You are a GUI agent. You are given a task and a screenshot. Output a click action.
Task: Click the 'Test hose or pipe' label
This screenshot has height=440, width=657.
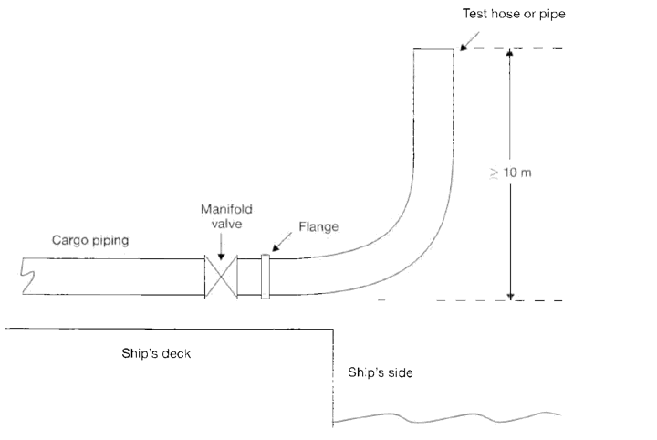[x=514, y=14]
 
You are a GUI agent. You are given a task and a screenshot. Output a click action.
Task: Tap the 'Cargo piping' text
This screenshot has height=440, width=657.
[x=90, y=240]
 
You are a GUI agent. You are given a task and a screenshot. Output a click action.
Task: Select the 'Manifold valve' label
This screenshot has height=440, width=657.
[x=226, y=216]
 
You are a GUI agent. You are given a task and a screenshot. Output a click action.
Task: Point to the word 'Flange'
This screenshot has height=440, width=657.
[x=318, y=226]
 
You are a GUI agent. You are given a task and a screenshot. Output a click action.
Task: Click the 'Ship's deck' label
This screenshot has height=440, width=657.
[x=156, y=353]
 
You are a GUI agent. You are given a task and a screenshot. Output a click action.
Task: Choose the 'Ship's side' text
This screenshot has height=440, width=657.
[x=380, y=372]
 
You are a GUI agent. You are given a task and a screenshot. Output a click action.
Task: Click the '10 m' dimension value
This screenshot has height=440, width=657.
[x=517, y=173]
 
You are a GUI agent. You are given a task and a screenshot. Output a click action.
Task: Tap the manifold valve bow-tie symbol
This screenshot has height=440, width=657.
[x=221, y=277]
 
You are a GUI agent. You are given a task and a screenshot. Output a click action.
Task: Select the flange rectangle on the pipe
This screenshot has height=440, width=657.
[x=266, y=277]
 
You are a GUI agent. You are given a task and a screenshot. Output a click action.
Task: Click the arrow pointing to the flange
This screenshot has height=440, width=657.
[x=282, y=242]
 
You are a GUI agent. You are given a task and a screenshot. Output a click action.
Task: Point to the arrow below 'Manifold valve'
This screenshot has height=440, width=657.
[x=221, y=246]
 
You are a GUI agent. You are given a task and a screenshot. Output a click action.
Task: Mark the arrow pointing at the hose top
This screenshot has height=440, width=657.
[x=470, y=41]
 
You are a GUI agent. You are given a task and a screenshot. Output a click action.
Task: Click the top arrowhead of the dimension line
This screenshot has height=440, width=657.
[x=509, y=52]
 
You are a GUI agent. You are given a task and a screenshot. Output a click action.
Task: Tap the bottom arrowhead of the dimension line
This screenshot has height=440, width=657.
[x=510, y=297]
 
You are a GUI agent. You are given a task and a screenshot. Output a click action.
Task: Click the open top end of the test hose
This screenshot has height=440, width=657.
[x=433, y=49]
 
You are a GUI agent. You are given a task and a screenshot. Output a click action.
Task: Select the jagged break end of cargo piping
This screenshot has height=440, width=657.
[x=26, y=276]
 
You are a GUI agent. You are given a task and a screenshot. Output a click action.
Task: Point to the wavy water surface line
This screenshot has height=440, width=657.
[x=446, y=417]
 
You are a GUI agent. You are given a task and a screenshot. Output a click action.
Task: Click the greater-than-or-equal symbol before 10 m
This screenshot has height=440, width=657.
[x=495, y=173]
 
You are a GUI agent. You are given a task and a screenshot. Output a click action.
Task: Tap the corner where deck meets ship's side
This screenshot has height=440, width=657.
[x=334, y=330]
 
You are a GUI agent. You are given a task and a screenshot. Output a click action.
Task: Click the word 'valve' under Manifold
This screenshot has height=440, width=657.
[x=226, y=224]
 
